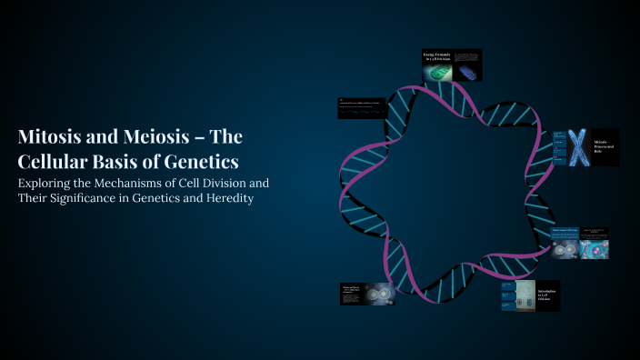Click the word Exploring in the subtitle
coord(48,183)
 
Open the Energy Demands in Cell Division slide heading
coord(436,59)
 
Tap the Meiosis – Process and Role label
coord(605,146)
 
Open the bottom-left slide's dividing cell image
coord(378,293)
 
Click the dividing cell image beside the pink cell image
coord(566,248)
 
